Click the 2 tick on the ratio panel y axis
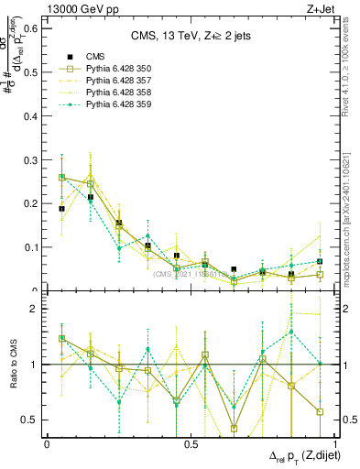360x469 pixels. coord(35,309)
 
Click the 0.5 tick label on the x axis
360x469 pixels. coord(191,443)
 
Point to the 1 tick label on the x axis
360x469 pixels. coord(334,443)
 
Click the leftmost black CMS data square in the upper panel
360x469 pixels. coord(61,209)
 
